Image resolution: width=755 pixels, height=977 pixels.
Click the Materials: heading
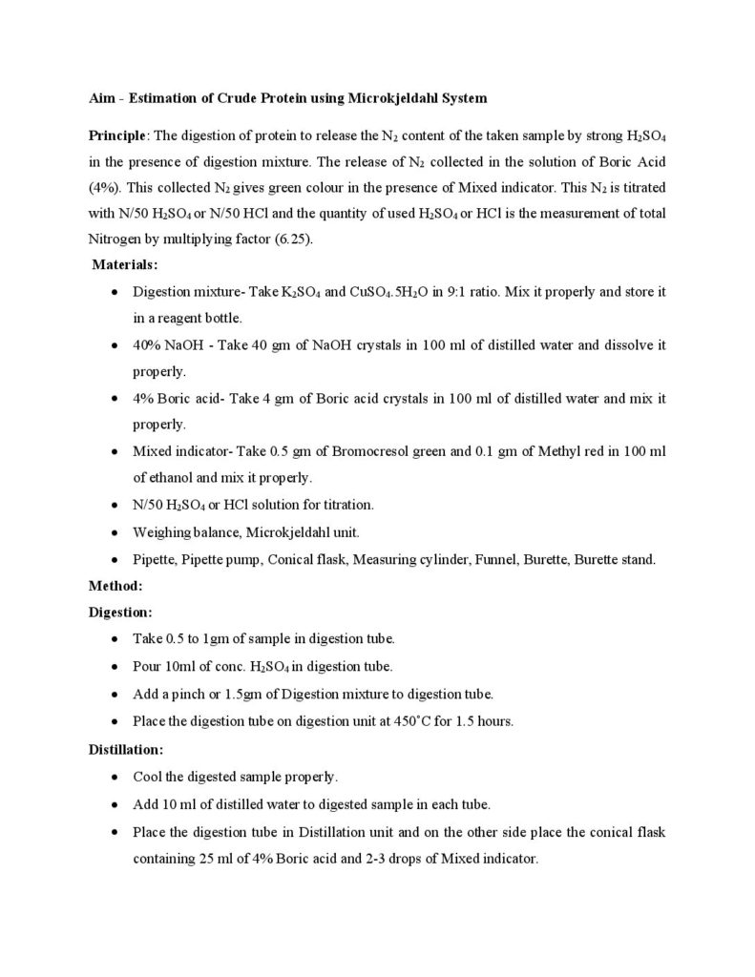(x=125, y=264)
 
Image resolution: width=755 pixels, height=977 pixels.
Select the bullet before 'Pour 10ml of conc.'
(x=115, y=666)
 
